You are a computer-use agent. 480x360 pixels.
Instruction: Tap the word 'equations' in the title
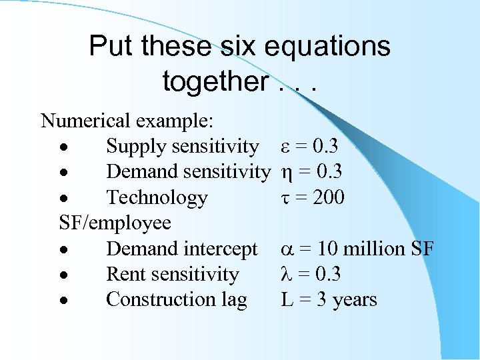327,47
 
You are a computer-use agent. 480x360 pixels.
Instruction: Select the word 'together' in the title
213,82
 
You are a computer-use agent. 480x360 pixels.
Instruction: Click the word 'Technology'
157,198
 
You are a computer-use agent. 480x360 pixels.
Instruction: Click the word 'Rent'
126,274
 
